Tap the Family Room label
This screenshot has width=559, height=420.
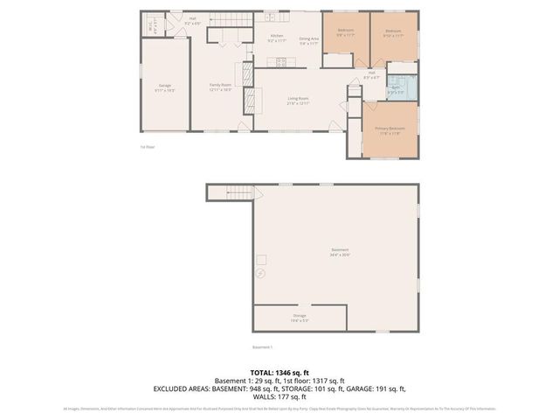219,87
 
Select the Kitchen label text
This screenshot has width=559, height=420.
276,38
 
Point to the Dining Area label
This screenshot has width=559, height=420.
309,39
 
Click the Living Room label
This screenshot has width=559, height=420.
298,100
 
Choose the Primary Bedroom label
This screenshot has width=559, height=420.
390,130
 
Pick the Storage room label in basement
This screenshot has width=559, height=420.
299,317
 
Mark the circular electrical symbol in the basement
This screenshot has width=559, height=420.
259,273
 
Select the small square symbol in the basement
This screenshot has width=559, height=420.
260,258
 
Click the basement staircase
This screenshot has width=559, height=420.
229,193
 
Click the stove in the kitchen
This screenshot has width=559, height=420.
281,61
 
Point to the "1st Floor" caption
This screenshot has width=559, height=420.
148,147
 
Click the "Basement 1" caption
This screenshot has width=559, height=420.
263,347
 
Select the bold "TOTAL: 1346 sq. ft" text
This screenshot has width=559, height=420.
279,371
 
